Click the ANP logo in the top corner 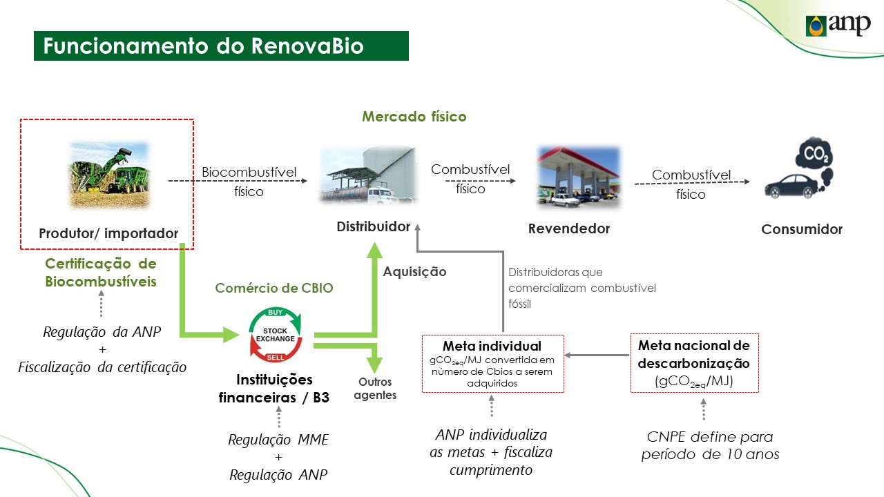click(838, 26)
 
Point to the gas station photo click(579, 176)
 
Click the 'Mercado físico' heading click(414, 117)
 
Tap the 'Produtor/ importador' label click(108, 234)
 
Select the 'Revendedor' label click(569, 228)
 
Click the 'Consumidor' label click(802, 230)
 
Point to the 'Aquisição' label click(414, 272)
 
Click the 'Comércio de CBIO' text click(274, 288)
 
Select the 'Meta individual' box click(492, 364)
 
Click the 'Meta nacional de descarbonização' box click(694, 362)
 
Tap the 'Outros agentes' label click(375, 389)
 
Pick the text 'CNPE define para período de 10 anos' click(710, 445)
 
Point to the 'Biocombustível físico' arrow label click(249, 182)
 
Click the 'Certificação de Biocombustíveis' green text click(101, 272)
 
